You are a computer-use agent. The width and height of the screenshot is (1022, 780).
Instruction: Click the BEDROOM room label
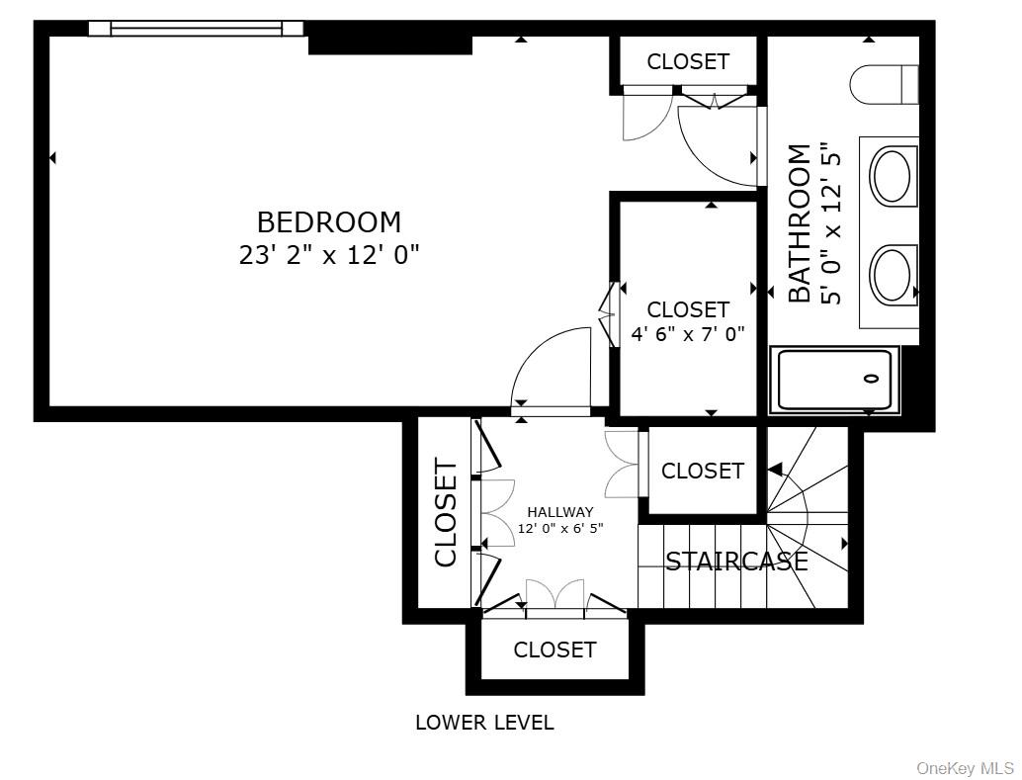[328, 221]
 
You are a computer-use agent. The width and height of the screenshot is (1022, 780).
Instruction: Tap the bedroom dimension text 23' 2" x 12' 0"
[328, 255]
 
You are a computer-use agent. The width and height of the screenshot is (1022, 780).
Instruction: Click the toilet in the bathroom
[884, 84]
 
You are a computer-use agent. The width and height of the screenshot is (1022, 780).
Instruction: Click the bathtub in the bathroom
[835, 380]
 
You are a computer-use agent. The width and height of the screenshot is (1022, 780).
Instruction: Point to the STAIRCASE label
[736, 562]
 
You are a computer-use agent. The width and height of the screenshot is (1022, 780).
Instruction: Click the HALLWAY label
[560, 512]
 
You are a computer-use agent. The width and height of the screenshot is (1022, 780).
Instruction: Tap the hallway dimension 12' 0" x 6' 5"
[560, 528]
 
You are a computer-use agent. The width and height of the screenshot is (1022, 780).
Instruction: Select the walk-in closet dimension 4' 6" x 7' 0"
[688, 334]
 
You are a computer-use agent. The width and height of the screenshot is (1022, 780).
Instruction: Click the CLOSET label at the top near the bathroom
[688, 61]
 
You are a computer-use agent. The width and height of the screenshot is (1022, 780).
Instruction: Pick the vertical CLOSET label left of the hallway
[446, 513]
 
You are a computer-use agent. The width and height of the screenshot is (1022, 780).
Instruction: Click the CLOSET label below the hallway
[554, 650]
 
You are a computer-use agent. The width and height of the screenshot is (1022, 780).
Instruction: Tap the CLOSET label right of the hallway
[702, 471]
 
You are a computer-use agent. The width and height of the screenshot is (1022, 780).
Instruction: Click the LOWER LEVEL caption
[484, 723]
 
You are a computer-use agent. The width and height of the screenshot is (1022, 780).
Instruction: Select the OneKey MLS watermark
[966, 768]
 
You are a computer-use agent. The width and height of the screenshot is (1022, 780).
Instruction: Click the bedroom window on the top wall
[196, 29]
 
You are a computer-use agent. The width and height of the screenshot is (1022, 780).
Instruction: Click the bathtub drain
[871, 379]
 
